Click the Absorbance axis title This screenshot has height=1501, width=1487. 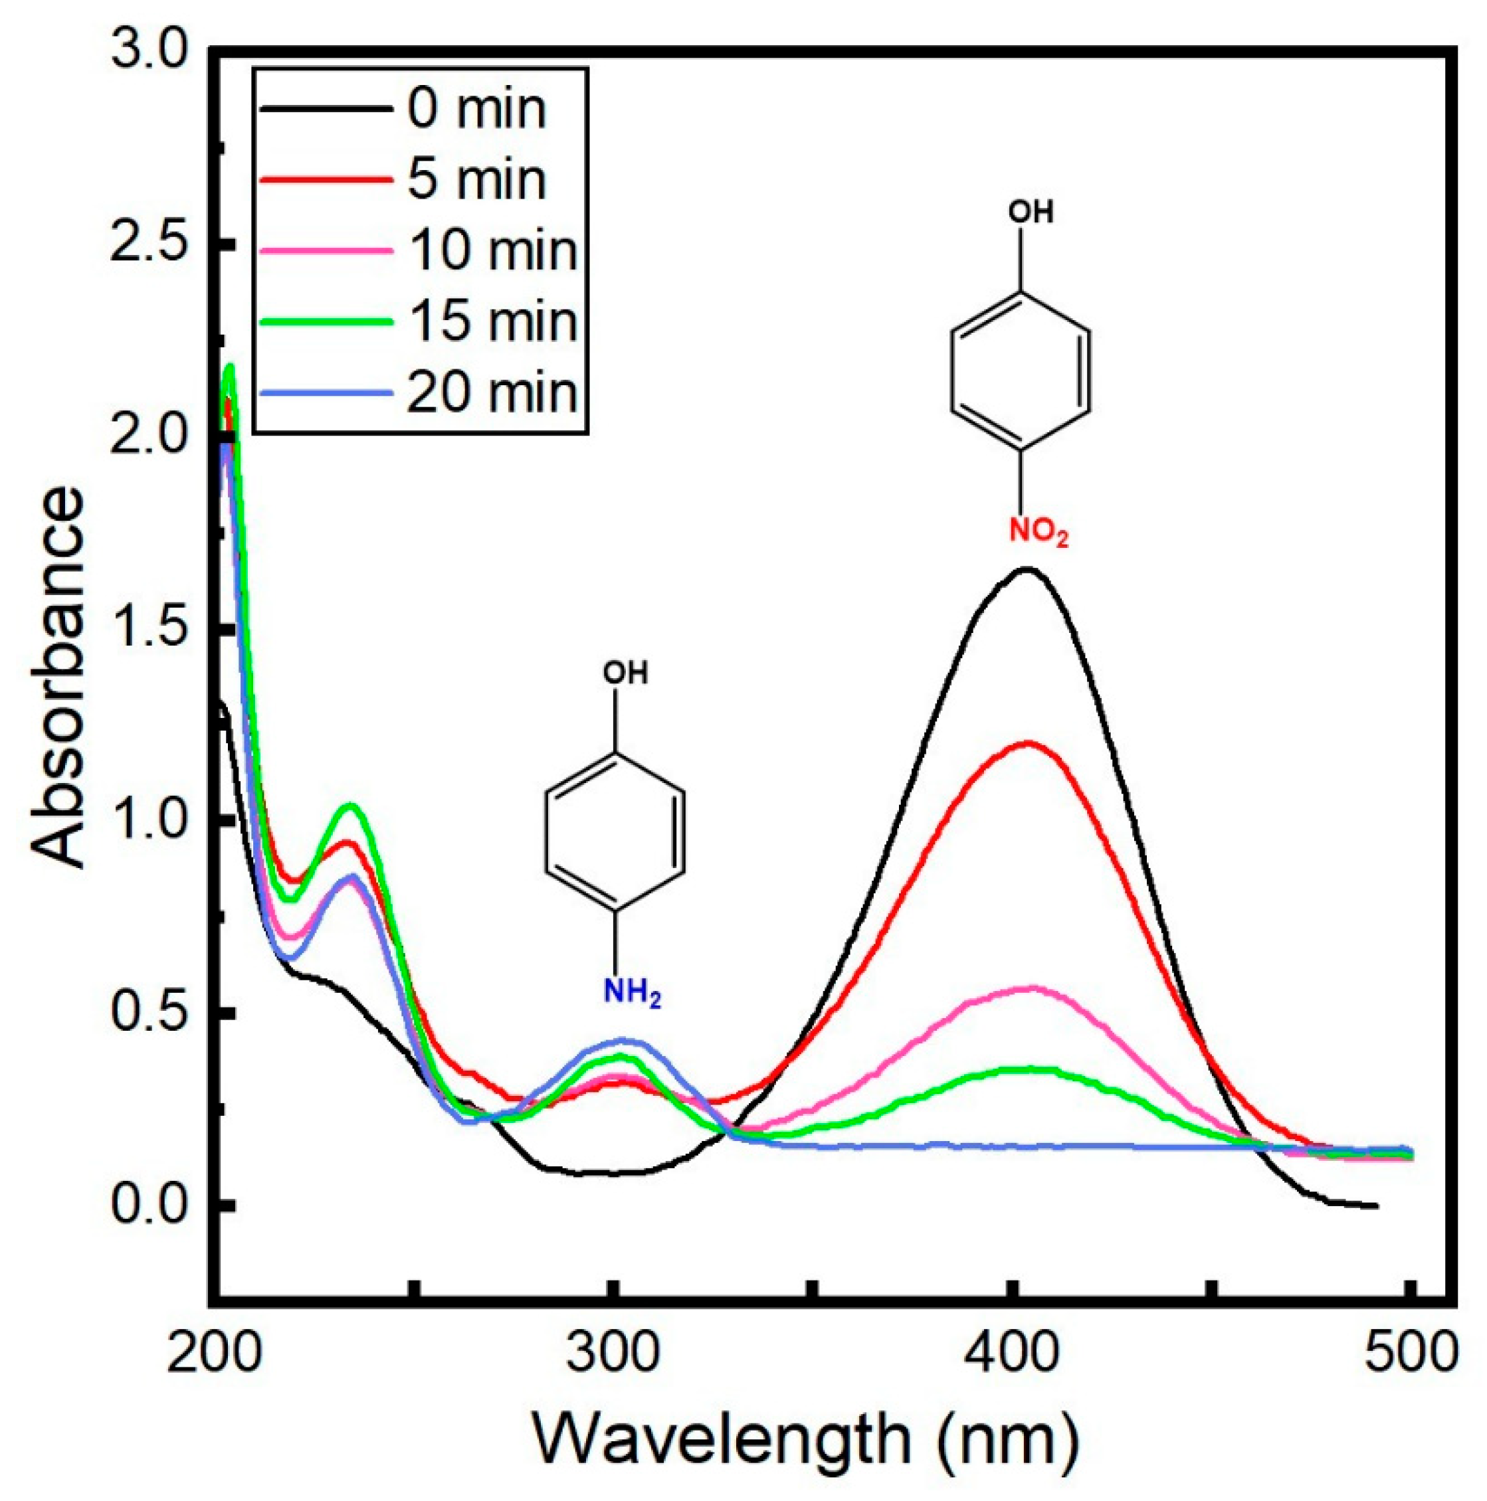point(58,676)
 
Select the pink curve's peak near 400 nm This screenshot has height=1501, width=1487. point(1030,988)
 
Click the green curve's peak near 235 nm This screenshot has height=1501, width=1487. point(351,806)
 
